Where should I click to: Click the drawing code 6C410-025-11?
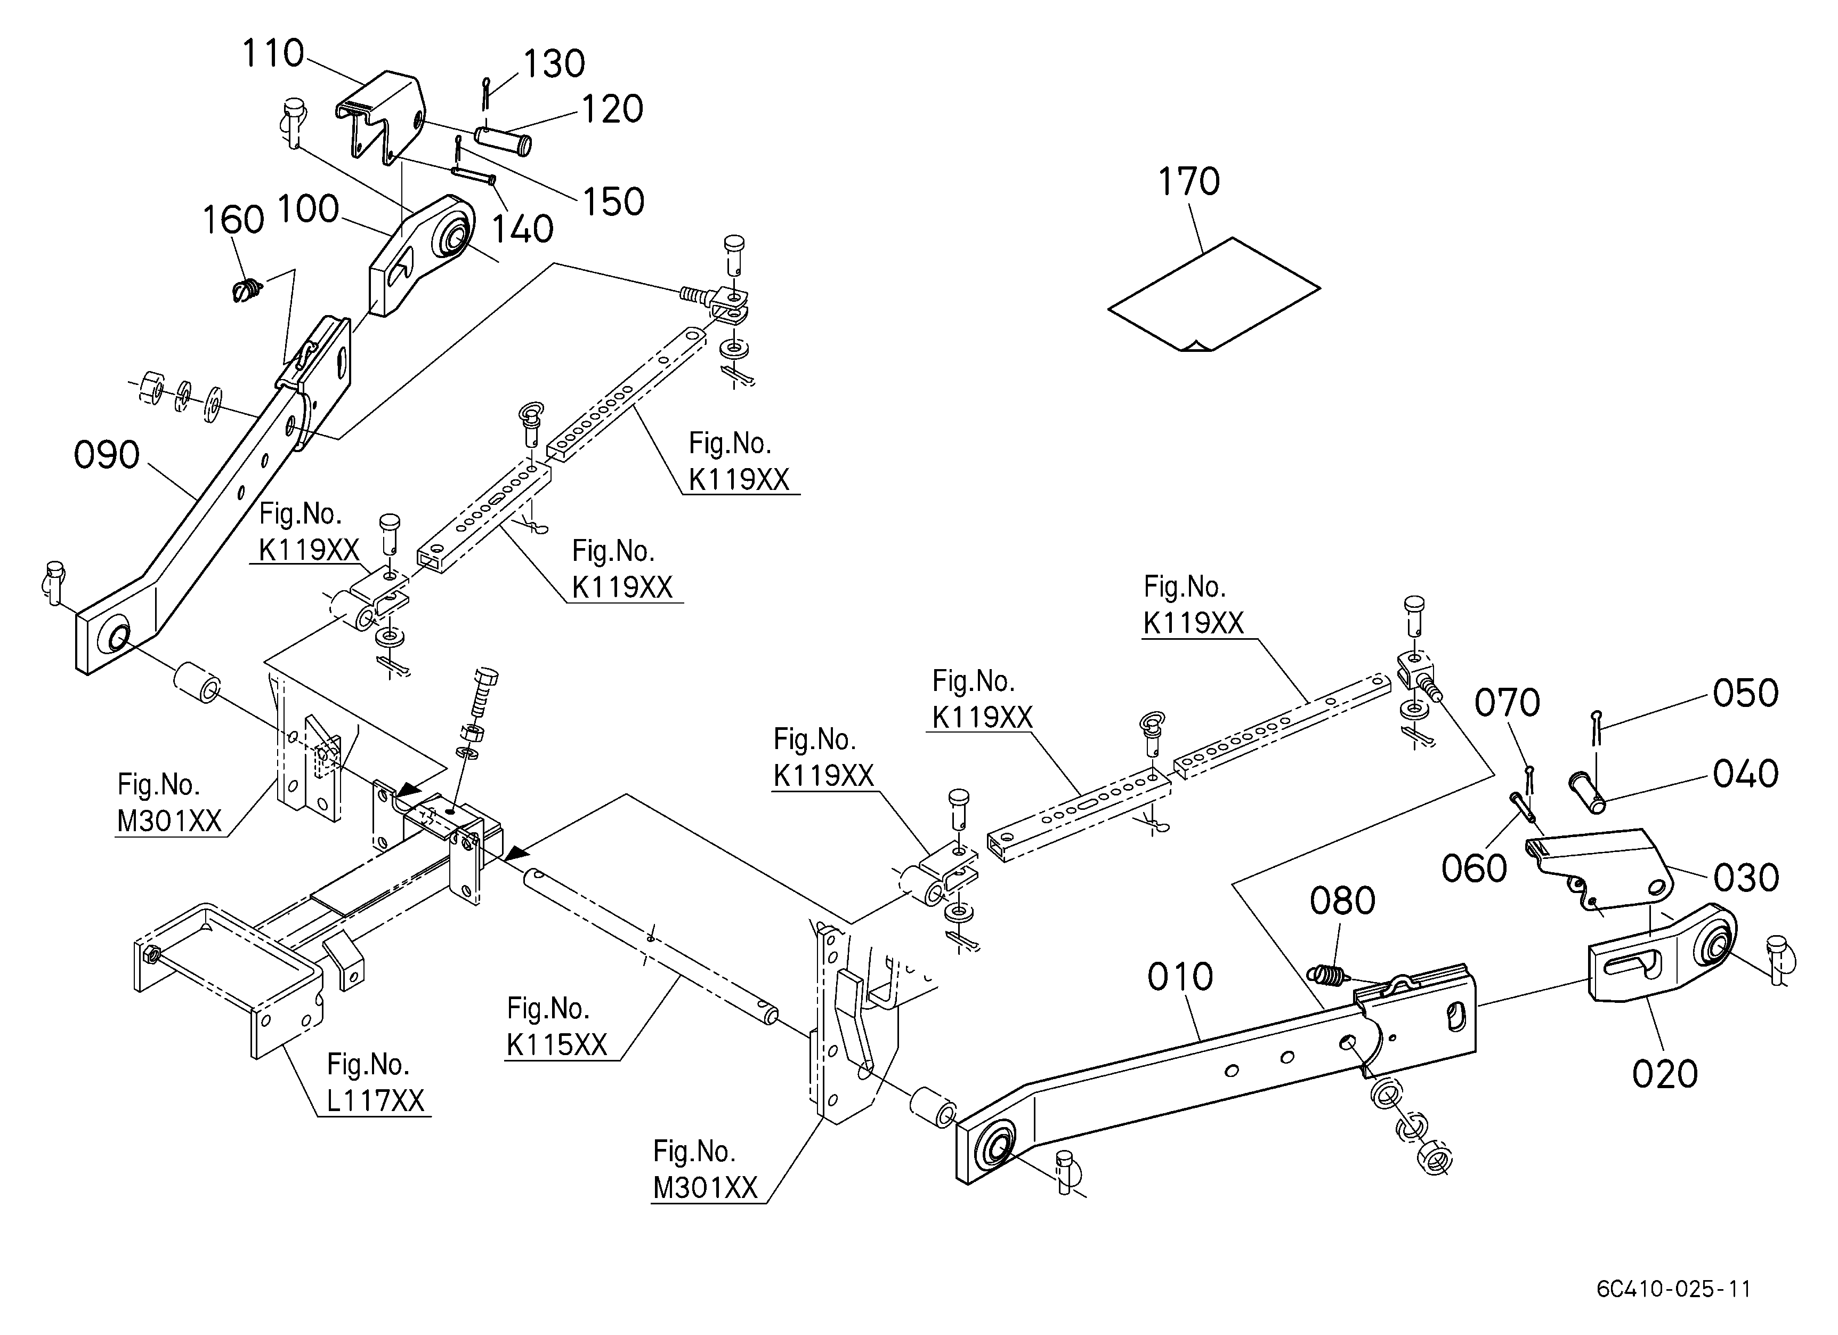coord(1673,1289)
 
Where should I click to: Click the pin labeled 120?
coord(503,139)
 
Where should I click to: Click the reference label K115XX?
coord(557,1045)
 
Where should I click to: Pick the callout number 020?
coord(1665,1075)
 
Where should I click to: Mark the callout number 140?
coord(523,229)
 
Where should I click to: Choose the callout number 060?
coord(1474,869)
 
